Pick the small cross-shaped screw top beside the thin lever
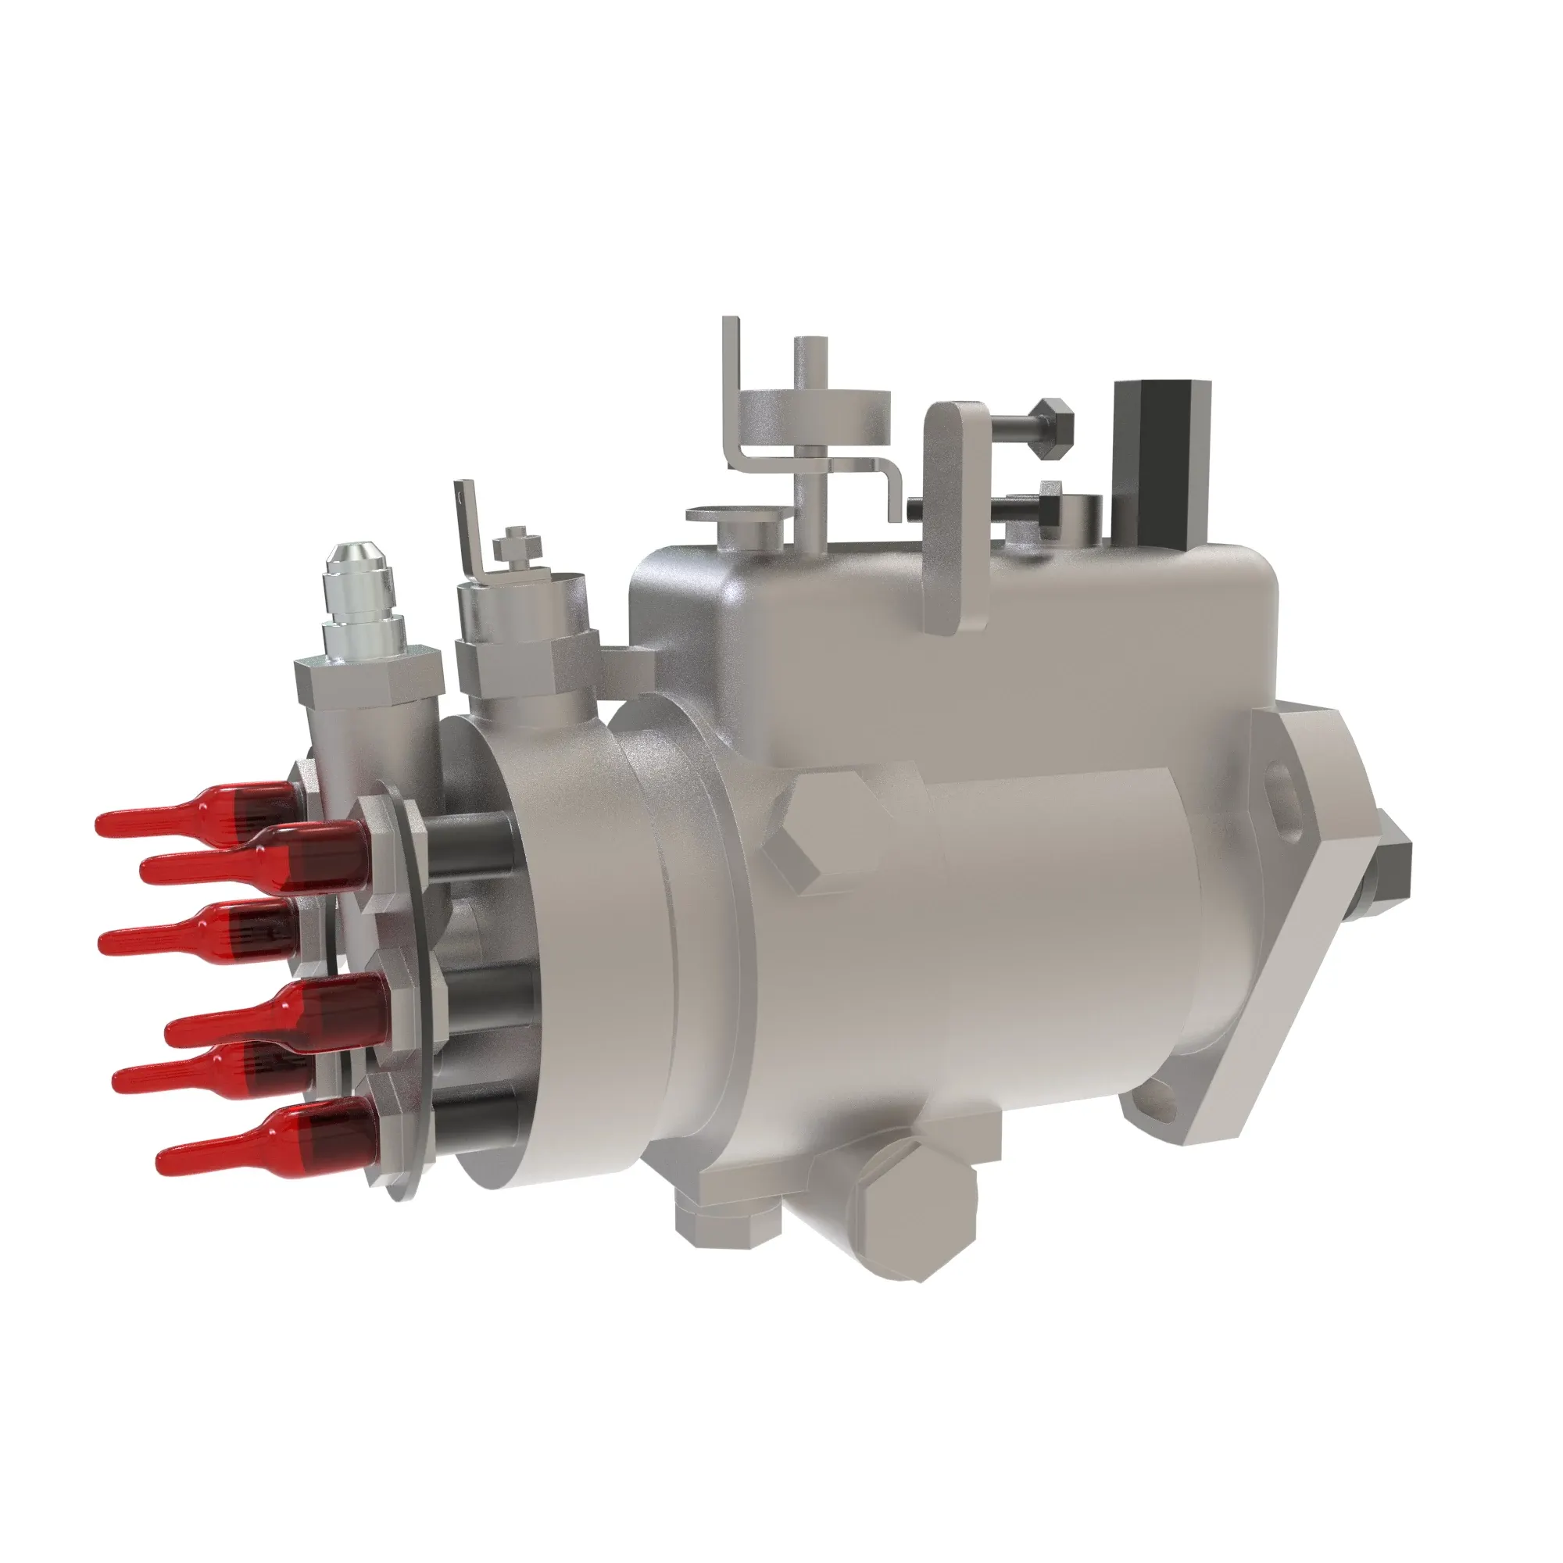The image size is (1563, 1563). [515, 542]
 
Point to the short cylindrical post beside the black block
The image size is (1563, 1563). [1080, 518]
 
